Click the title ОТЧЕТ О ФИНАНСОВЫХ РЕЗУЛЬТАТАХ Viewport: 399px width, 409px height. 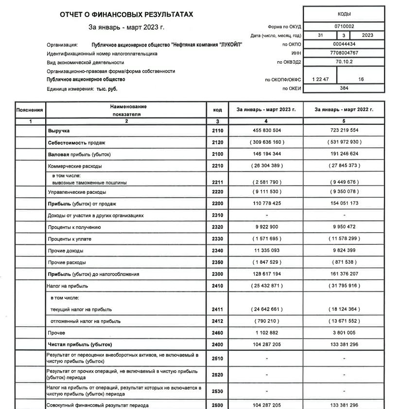[x=126, y=15]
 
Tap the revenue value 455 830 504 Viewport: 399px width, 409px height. [x=266, y=131]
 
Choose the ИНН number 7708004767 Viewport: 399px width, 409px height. [x=343, y=52]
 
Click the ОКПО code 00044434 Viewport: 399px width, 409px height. [x=343, y=44]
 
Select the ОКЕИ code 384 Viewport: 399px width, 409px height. [x=343, y=88]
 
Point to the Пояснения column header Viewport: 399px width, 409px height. [x=30, y=110]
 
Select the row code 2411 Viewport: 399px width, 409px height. [x=217, y=309]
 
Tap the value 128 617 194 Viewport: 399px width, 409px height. [x=266, y=274]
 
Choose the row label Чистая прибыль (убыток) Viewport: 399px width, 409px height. [x=80, y=345]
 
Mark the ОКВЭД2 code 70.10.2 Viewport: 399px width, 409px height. [x=343, y=62]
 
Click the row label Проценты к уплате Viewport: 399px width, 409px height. [x=69, y=239]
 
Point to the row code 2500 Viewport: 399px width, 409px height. [x=217, y=405]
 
